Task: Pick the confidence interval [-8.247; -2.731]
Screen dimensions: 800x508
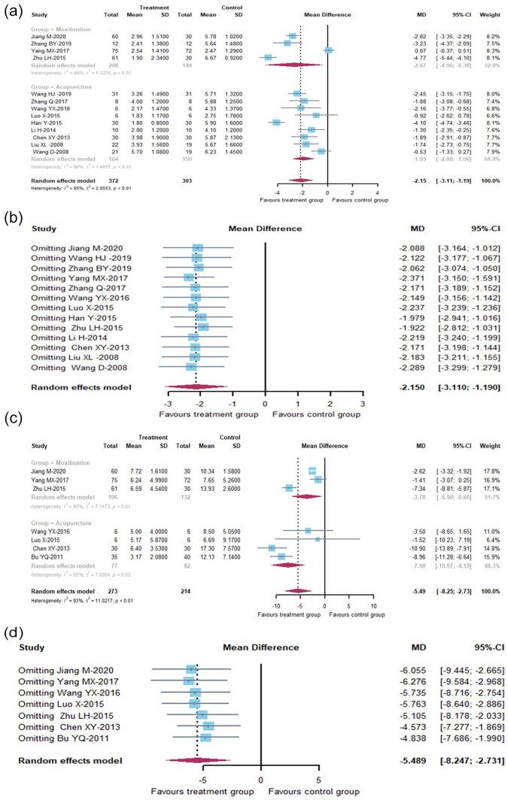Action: pyautogui.click(x=470, y=761)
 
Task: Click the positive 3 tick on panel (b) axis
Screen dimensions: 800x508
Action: pyautogui.click(x=363, y=404)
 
